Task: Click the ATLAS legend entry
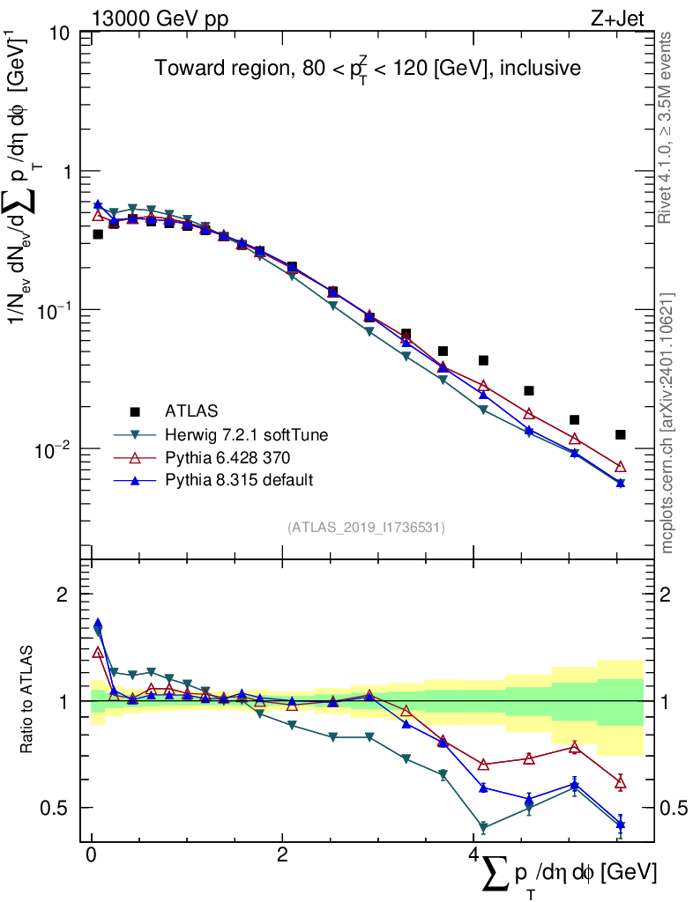(190, 410)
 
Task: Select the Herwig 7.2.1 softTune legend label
(239, 434)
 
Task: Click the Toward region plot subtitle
(368, 70)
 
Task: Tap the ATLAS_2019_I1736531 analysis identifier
(366, 528)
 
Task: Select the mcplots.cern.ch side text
(667, 423)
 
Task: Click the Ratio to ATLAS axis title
(28, 701)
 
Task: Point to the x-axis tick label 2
(282, 855)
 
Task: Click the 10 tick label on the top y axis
(60, 33)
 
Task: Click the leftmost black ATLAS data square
(98, 234)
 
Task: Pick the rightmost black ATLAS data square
(621, 434)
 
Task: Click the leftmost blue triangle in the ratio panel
(98, 624)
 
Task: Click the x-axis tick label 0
(91, 855)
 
